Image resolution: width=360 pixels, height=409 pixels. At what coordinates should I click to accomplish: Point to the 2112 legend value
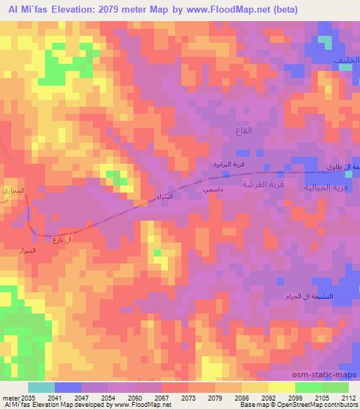point(347,397)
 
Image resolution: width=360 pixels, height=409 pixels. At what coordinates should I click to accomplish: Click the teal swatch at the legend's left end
point(41,387)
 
